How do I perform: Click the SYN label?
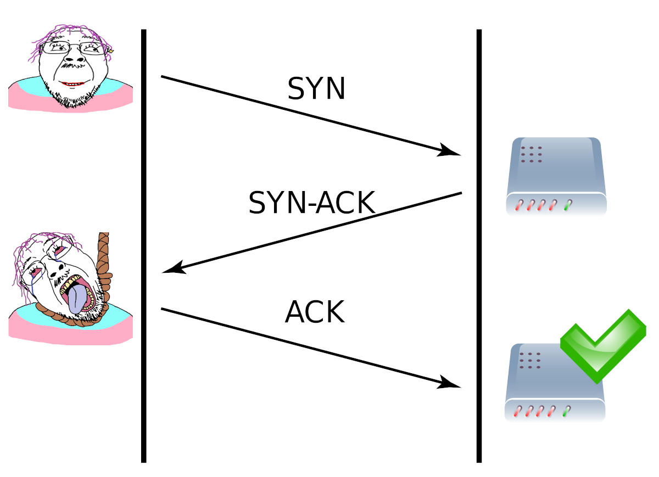tap(316, 88)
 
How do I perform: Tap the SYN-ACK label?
tap(311, 203)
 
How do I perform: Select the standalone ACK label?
tap(315, 313)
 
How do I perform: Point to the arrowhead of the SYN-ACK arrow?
tap(172, 269)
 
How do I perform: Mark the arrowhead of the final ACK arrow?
tap(451, 384)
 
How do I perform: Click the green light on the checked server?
tap(566, 411)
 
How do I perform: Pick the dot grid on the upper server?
tap(532, 154)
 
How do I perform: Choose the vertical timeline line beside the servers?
tap(479, 247)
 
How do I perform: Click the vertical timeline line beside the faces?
tap(144, 247)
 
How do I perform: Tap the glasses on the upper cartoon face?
tap(74, 48)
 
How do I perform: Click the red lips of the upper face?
tap(72, 84)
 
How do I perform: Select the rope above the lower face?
tap(103, 252)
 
